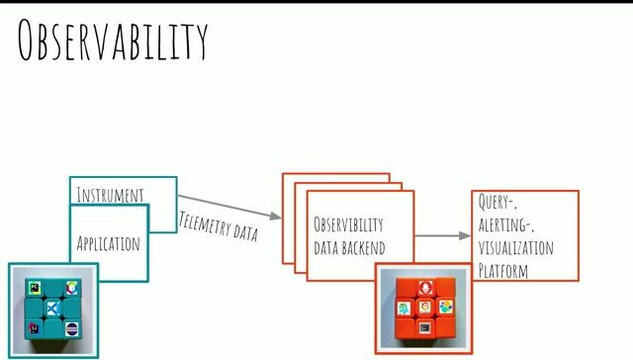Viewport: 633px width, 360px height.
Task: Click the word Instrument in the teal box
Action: pyautogui.click(x=110, y=195)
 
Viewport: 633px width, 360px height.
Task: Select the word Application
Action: pyautogui.click(x=108, y=242)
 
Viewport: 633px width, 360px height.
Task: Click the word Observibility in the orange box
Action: pyautogui.click(x=348, y=225)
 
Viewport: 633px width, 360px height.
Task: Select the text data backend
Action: pyautogui.click(x=349, y=247)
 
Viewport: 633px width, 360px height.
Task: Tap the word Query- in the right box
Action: pyautogui.click(x=498, y=202)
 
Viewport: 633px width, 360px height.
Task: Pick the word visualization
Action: pyautogui.click(x=515, y=247)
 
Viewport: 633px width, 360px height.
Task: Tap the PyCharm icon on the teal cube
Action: pyautogui.click(x=36, y=288)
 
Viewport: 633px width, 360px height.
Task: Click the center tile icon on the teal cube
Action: pyautogui.click(x=53, y=310)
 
